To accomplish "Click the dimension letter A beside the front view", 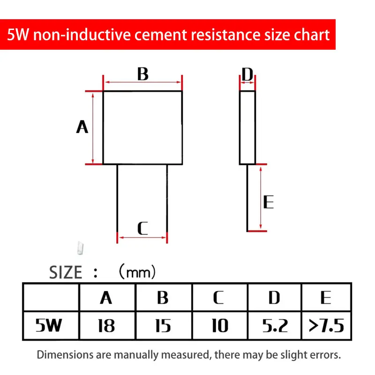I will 82,127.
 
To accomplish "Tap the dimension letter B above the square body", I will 142,74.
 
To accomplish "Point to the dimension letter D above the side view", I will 247,74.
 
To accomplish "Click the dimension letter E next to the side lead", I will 268,202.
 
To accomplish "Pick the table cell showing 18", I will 106,325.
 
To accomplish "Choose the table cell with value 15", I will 163,325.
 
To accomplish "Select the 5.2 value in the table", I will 274,325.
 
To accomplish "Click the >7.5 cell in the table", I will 326,325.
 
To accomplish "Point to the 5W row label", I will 49,325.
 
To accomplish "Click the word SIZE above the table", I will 66,272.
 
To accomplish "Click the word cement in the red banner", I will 151,35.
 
